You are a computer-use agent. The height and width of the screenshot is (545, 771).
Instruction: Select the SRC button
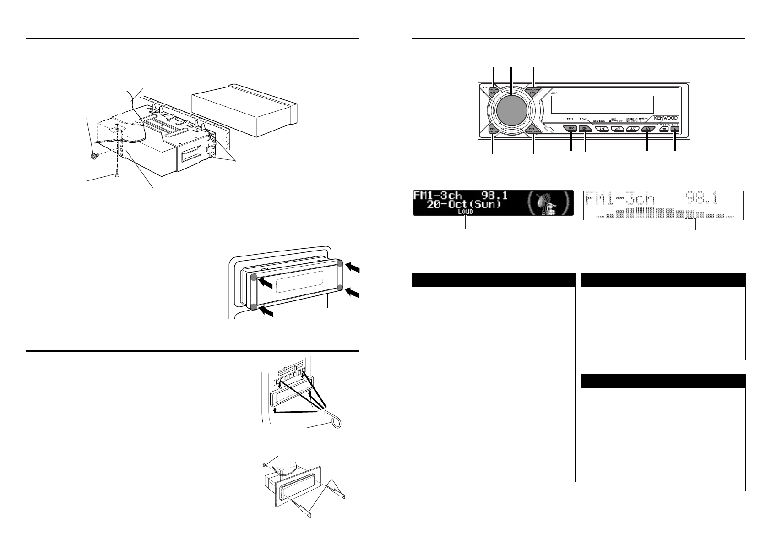571,129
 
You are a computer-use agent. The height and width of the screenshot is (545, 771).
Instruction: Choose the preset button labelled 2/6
617,130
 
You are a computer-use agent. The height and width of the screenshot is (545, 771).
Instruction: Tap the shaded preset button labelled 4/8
647,130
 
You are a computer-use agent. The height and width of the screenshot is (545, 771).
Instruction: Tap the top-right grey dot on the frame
340,264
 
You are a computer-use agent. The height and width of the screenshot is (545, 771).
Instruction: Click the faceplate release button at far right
675,130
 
